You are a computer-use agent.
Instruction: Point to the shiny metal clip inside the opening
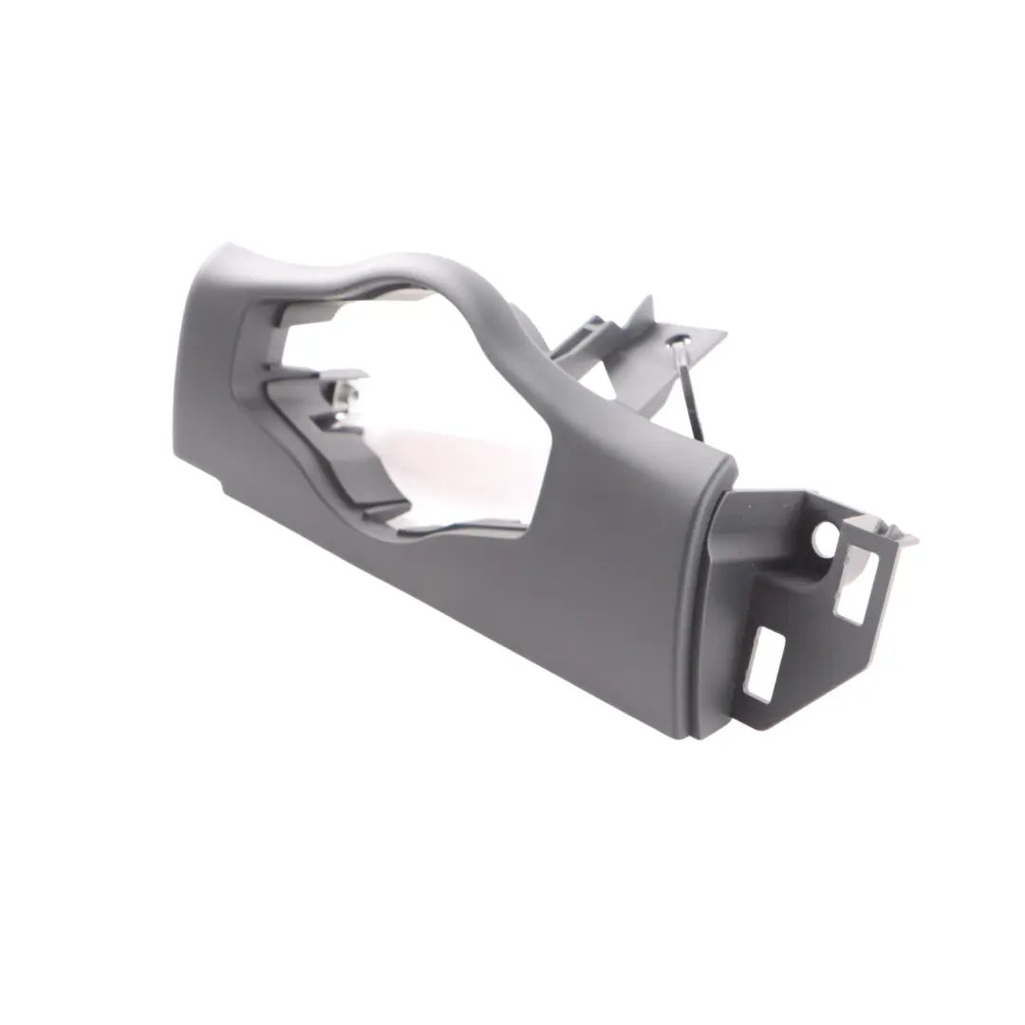(347, 397)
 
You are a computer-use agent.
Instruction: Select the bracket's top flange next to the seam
(769, 503)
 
